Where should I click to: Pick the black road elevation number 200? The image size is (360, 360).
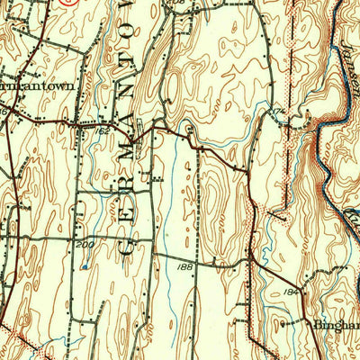[85, 245]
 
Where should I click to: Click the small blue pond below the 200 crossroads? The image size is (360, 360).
[84, 266]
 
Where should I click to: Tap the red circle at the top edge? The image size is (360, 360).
[67, 2]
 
